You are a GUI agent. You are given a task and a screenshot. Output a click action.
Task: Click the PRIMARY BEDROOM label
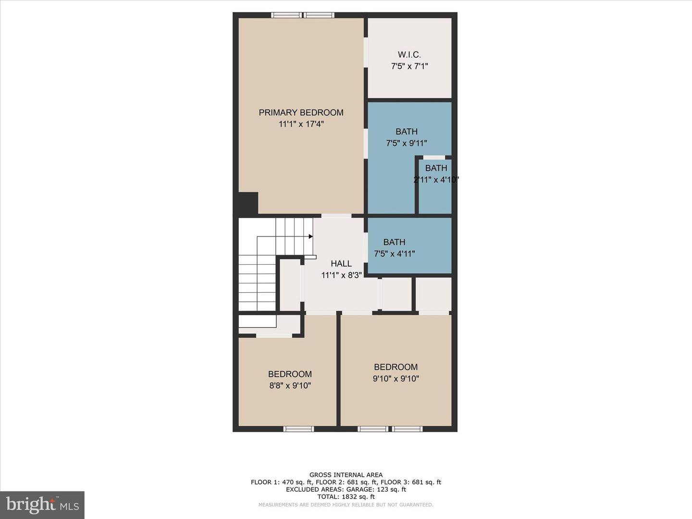(x=301, y=112)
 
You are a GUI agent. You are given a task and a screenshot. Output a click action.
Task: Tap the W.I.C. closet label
(x=409, y=55)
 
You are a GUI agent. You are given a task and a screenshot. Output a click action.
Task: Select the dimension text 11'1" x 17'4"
(x=301, y=124)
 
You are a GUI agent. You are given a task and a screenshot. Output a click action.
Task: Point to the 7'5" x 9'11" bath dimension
(x=407, y=143)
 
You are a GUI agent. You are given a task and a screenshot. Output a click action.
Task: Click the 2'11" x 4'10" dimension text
(x=436, y=180)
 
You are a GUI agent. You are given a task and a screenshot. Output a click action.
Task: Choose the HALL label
(x=341, y=263)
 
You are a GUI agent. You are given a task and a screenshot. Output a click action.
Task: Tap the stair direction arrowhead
(x=311, y=236)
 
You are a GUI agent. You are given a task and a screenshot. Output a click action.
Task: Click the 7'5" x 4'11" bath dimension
(x=394, y=254)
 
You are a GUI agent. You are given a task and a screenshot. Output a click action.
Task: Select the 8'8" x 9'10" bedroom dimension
(x=290, y=386)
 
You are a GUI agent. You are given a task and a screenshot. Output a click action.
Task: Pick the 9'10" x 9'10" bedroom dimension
(x=395, y=379)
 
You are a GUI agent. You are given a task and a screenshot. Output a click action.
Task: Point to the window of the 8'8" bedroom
(x=298, y=429)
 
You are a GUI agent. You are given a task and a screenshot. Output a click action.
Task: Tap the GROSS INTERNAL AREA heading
(x=346, y=475)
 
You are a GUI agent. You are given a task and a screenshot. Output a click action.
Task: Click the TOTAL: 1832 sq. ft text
(x=346, y=497)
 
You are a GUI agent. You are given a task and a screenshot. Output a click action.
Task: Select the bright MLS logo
(x=42, y=505)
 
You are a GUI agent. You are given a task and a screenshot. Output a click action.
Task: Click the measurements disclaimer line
(x=346, y=505)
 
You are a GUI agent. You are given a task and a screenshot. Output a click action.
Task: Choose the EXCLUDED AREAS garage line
(x=346, y=489)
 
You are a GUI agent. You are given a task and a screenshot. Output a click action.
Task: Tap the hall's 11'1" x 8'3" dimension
(x=341, y=275)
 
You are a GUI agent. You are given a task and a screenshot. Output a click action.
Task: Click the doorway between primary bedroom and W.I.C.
(x=366, y=53)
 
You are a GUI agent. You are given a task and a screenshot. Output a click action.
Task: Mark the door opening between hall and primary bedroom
(x=336, y=216)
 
